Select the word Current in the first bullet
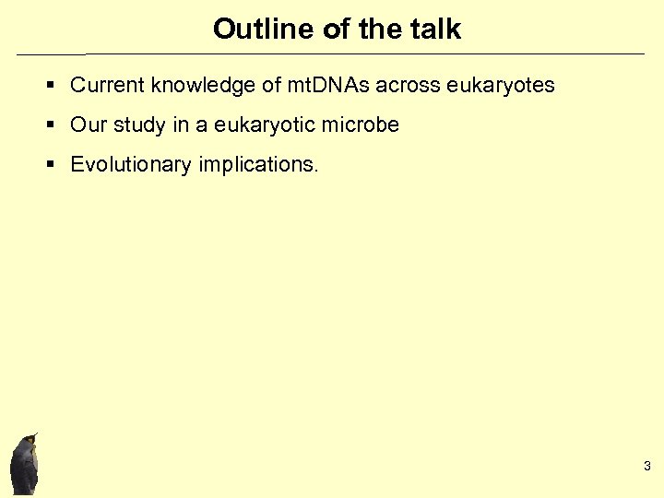[x=108, y=86]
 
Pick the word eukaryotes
[x=501, y=86]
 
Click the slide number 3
[x=647, y=466]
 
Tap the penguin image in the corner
[x=25, y=466]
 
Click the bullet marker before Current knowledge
[x=52, y=87]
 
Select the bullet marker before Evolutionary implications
[x=52, y=166]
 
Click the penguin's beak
[x=34, y=434]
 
